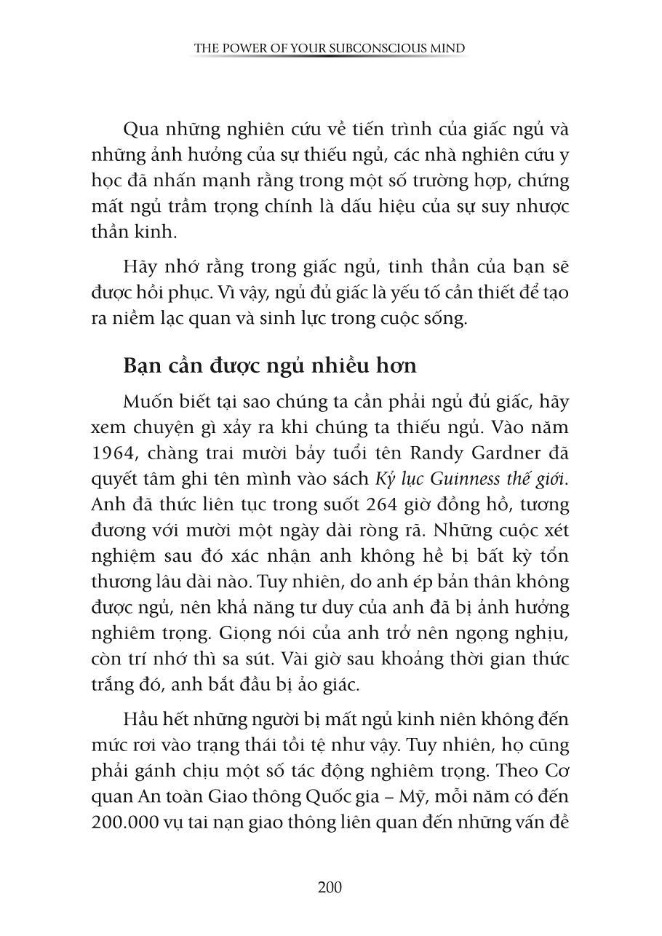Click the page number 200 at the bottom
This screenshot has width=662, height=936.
tap(330, 887)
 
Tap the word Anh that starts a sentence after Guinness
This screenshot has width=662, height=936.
tap(107, 504)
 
